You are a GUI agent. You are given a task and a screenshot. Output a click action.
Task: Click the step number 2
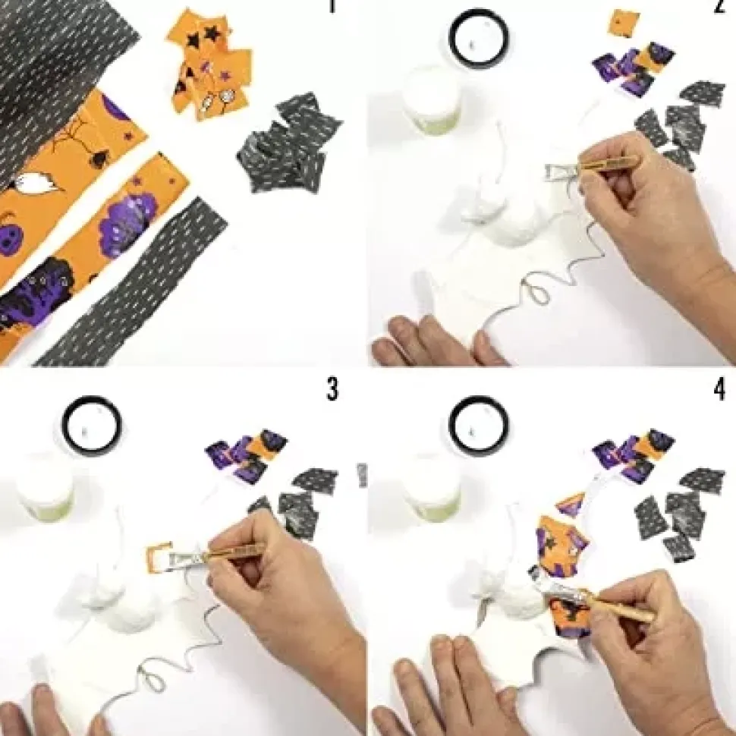pyautogui.click(x=719, y=8)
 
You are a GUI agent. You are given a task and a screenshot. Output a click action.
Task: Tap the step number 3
pyautogui.click(x=332, y=389)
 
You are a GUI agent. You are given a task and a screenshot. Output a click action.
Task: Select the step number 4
pyautogui.click(x=719, y=389)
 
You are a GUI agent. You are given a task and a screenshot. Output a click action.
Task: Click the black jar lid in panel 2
pyautogui.click(x=478, y=39)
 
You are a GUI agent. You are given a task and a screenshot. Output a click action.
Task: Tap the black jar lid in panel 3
pyautogui.click(x=90, y=425)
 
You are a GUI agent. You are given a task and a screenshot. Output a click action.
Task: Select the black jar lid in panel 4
pyautogui.click(x=478, y=425)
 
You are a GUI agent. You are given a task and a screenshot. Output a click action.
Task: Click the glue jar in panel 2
pyautogui.click(x=430, y=99)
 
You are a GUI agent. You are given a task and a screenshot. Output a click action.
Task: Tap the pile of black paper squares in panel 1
pyautogui.click(x=288, y=144)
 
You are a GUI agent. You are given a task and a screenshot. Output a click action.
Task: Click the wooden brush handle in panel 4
pyautogui.click(x=618, y=607)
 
